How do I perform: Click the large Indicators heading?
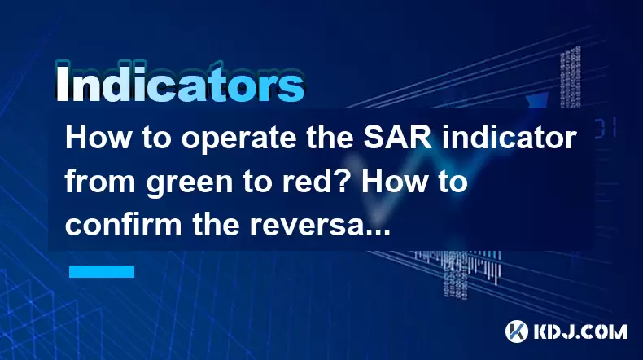tap(180, 83)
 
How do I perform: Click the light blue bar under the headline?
tap(102, 271)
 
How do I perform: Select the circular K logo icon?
tap(517, 331)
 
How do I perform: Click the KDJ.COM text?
tap(580, 331)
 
